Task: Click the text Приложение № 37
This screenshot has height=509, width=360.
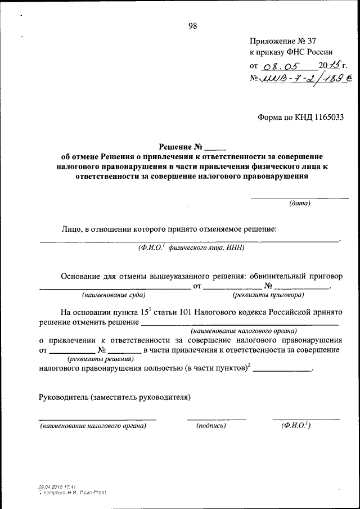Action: [x=286, y=41]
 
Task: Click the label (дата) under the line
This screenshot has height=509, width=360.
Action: [x=299, y=203]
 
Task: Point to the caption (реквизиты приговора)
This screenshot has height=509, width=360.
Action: [x=268, y=294]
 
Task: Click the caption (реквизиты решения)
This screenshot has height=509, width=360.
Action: [x=101, y=358]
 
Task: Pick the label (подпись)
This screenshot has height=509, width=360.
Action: [x=211, y=426]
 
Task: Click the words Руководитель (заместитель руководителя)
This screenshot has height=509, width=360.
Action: [x=115, y=398]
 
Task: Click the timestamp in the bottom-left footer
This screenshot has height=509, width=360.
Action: [x=57, y=487]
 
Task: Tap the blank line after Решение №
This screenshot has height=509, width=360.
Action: [x=215, y=148]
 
